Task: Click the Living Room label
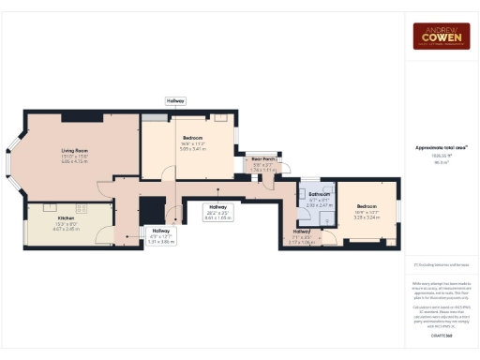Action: point(75,150)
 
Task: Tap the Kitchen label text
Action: point(66,218)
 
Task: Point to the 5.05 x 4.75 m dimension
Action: point(75,161)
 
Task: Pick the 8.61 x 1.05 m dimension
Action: point(217,217)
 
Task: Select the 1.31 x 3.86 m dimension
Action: point(160,241)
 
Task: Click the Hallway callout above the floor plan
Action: point(175,100)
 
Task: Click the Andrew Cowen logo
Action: point(442,36)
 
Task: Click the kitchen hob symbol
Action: point(47,208)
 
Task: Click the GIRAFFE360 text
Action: point(442,335)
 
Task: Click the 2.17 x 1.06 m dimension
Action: point(302,241)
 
